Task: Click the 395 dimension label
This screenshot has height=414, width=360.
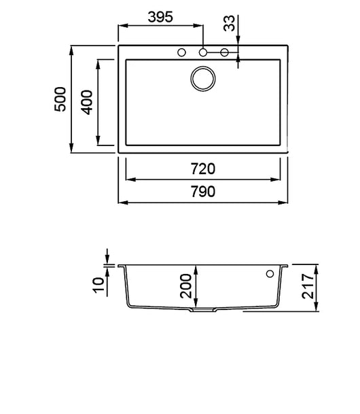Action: coord(160,17)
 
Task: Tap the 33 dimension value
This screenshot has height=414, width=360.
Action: coord(229,23)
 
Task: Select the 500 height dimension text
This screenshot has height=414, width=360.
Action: coord(60,99)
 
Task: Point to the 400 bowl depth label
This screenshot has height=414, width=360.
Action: coord(86,103)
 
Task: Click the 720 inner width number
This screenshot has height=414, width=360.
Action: coord(203,169)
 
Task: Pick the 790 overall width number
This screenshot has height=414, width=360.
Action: coord(203,192)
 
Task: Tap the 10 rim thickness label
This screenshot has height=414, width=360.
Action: coord(98,285)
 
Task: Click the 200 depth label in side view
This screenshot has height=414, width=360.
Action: coord(185,286)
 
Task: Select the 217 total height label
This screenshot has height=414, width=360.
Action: coord(308,286)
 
